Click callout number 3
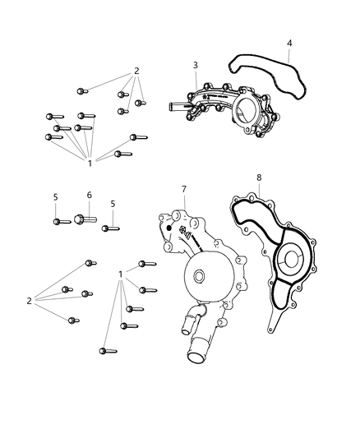point(196,65)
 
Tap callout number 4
point(288,43)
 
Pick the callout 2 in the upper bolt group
point(136,71)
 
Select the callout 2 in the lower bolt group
point(29,301)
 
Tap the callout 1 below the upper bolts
point(90,164)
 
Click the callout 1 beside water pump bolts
point(121,274)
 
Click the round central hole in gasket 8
point(291,265)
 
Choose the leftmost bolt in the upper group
point(51,137)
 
